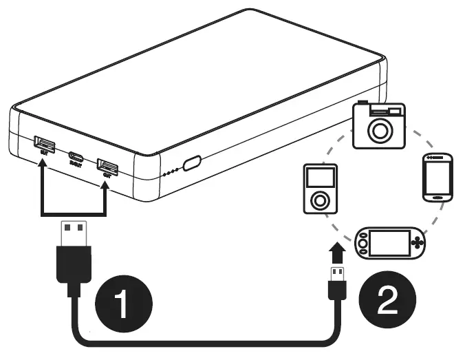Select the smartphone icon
(437, 178)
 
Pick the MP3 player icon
(320, 189)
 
